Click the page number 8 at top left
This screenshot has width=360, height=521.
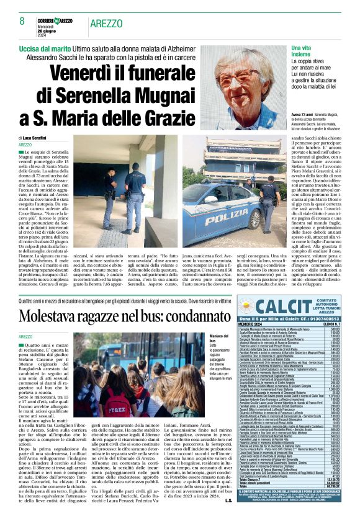coord(14,22)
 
